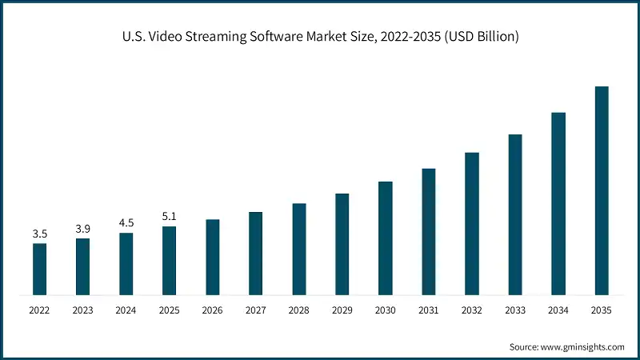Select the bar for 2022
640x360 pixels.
(39, 269)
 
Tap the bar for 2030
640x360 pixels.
(386, 238)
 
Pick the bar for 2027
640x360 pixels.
(256, 254)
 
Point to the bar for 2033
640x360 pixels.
(515, 214)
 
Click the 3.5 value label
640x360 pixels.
(39, 234)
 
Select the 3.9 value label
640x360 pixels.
(82, 229)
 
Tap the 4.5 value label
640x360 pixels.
(126, 223)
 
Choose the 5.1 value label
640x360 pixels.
(169, 216)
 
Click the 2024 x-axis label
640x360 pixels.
(126, 310)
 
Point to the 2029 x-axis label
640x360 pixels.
(342, 310)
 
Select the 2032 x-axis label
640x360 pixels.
(472, 310)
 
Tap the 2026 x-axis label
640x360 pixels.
(212, 310)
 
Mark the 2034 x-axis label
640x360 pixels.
(558, 310)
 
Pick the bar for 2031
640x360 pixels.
(429, 232)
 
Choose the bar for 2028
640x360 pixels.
(299, 249)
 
